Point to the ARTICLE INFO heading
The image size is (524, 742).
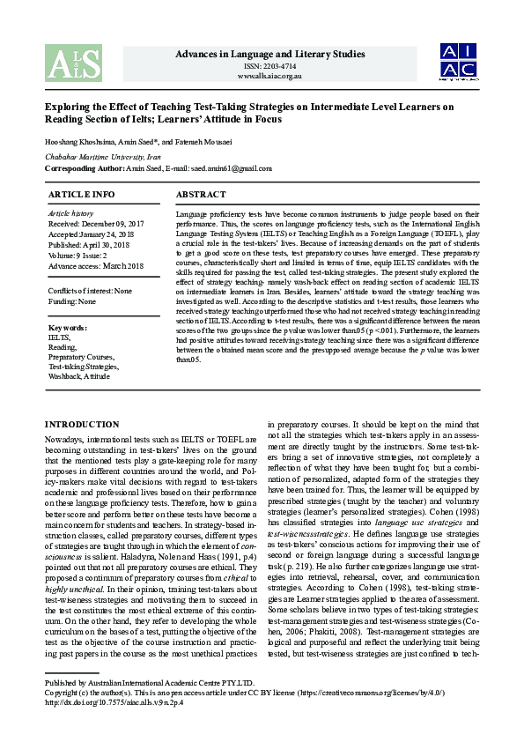[81, 194]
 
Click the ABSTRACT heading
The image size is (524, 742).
[201, 194]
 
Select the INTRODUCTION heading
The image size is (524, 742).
[81, 425]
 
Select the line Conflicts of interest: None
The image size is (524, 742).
[90, 290]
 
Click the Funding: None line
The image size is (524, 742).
[72, 301]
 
